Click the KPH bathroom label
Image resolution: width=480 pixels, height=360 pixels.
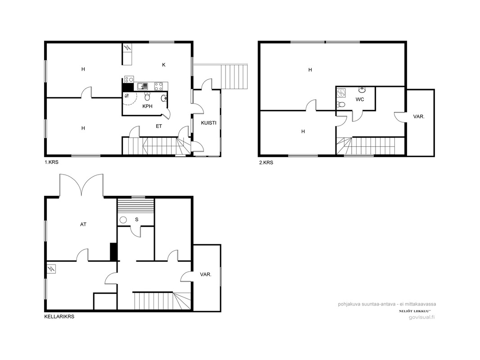click(147, 107)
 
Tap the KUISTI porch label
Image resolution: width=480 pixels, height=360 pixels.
click(208, 123)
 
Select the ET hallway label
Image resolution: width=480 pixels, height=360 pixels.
click(158, 126)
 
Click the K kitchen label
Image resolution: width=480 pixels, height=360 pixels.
click(164, 65)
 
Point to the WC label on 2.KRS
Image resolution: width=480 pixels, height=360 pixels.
click(360, 99)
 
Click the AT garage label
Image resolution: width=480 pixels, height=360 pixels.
click(83, 225)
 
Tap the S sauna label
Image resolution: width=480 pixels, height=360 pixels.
click(137, 220)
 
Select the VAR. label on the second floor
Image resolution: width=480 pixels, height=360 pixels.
click(419, 117)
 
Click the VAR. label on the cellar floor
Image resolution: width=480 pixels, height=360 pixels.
click(206, 274)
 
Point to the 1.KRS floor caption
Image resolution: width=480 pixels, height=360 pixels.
click(51, 162)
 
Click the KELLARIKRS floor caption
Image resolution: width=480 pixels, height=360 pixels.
click(59, 317)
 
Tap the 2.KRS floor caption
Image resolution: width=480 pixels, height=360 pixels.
click(266, 163)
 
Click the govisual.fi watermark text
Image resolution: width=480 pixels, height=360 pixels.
click(422, 317)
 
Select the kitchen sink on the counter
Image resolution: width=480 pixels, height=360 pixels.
click(143, 86)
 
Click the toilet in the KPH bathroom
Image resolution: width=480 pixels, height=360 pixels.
click(147, 97)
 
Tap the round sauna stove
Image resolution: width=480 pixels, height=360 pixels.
click(123, 220)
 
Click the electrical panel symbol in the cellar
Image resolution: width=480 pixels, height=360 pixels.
click(51, 269)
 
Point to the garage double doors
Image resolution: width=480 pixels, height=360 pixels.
click(82, 185)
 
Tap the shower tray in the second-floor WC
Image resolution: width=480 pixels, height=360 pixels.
click(341, 92)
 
